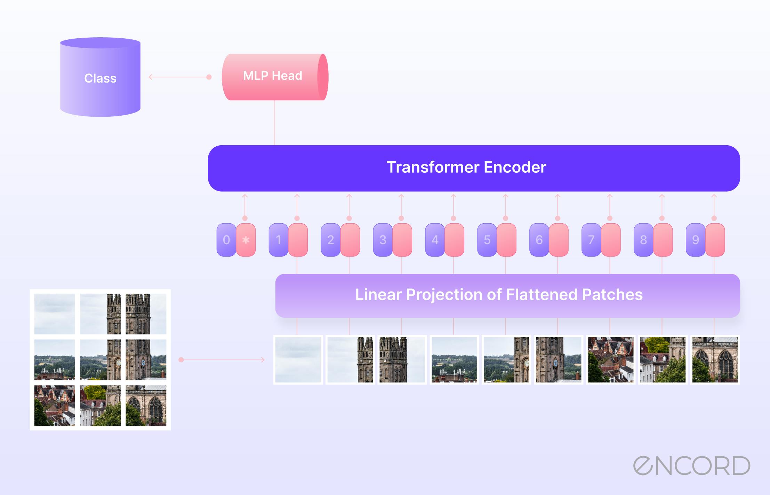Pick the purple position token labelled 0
tap(226, 240)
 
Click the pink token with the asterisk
tap(246, 240)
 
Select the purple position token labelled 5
tap(487, 240)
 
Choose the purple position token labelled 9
tap(695, 240)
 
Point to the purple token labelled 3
tap(383, 240)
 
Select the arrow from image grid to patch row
tap(223, 360)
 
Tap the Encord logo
tap(691, 466)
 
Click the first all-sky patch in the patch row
tap(298, 360)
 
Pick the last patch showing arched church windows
tap(715, 360)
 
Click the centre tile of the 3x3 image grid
tap(100, 360)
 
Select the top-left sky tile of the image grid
tap(55, 314)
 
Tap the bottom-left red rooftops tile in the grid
tap(55, 406)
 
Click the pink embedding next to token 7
tap(611, 240)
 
